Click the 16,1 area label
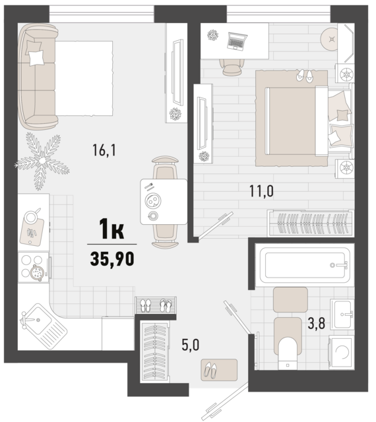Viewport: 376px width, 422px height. point(104,150)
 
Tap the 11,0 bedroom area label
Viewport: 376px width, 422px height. point(261,191)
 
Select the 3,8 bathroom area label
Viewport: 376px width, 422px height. point(317,323)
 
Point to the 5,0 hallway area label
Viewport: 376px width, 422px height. point(191,345)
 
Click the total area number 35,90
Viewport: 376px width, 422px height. point(112,258)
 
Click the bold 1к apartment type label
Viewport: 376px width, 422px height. point(111,229)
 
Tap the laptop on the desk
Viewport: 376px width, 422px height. point(236,41)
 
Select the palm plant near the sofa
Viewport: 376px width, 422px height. point(42,161)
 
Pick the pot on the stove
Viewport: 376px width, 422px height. point(37,272)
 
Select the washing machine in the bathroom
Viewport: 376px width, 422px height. point(342,351)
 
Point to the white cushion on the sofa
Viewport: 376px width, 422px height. point(36,57)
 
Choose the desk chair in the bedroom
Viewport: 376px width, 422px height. point(232,67)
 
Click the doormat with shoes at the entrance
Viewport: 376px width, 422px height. point(219,370)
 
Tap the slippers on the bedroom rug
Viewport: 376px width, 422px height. point(305,75)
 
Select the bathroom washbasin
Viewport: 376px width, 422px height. point(342,314)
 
